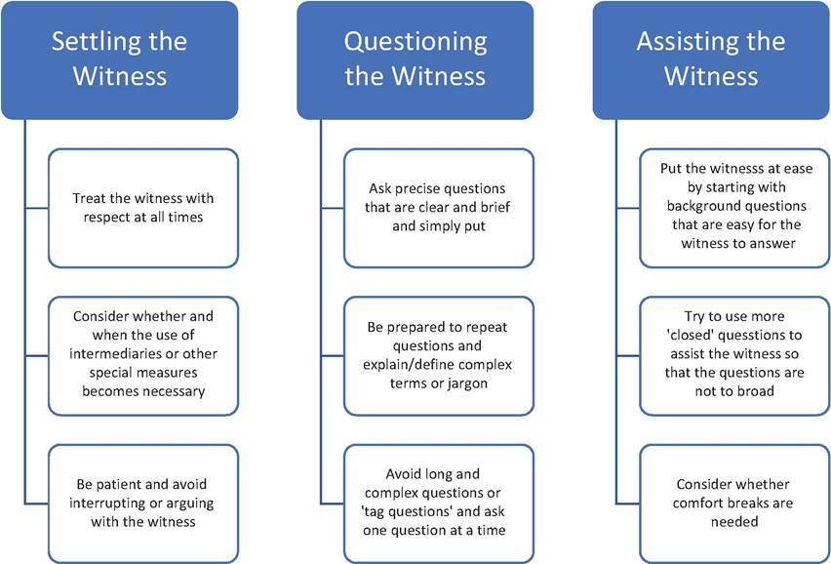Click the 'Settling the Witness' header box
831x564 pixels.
click(x=119, y=60)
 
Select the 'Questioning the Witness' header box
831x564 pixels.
click(x=415, y=60)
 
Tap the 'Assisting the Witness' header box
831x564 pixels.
click(x=711, y=60)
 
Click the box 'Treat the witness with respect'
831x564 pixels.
click(x=143, y=208)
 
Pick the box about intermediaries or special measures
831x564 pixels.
click(x=143, y=356)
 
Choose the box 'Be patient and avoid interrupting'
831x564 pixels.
click(x=143, y=504)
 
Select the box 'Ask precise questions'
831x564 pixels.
click(x=439, y=208)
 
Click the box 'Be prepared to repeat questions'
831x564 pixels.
click(x=439, y=356)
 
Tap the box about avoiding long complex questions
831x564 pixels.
click(x=439, y=504)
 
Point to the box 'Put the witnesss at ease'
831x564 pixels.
click(x=735, y=208)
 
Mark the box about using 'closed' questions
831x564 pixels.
click(x=735, y=356)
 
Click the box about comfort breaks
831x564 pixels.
click(x=735, y=504)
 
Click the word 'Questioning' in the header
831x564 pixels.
click(x=415, y=43)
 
